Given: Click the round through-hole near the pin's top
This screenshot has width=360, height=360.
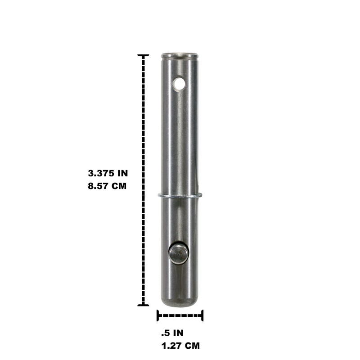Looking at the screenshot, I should tap(180, 83).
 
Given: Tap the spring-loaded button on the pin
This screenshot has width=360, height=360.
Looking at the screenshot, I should tap(178, 253).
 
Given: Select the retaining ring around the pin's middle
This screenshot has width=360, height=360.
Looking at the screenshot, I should tap(180, 195).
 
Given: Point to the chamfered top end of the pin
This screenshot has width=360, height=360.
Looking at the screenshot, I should tap(180, 56).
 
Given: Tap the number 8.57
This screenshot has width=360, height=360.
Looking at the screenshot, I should tap(99, 185).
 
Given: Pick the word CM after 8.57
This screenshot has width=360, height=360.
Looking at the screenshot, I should tap(118, 185).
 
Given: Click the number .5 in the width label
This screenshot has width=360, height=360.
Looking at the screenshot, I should tap(165, 333).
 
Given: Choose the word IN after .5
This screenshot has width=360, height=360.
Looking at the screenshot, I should tap(178, 333).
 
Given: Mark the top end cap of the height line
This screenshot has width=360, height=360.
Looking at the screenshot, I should tap(143, 55).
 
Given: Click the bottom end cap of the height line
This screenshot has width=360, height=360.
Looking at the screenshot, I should tap(143, 305).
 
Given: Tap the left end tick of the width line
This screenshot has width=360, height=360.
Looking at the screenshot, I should tap(157, 315).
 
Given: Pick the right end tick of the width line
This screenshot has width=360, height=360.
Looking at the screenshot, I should tap(202, 315).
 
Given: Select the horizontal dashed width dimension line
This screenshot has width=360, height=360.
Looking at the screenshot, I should tap(180, 315).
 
